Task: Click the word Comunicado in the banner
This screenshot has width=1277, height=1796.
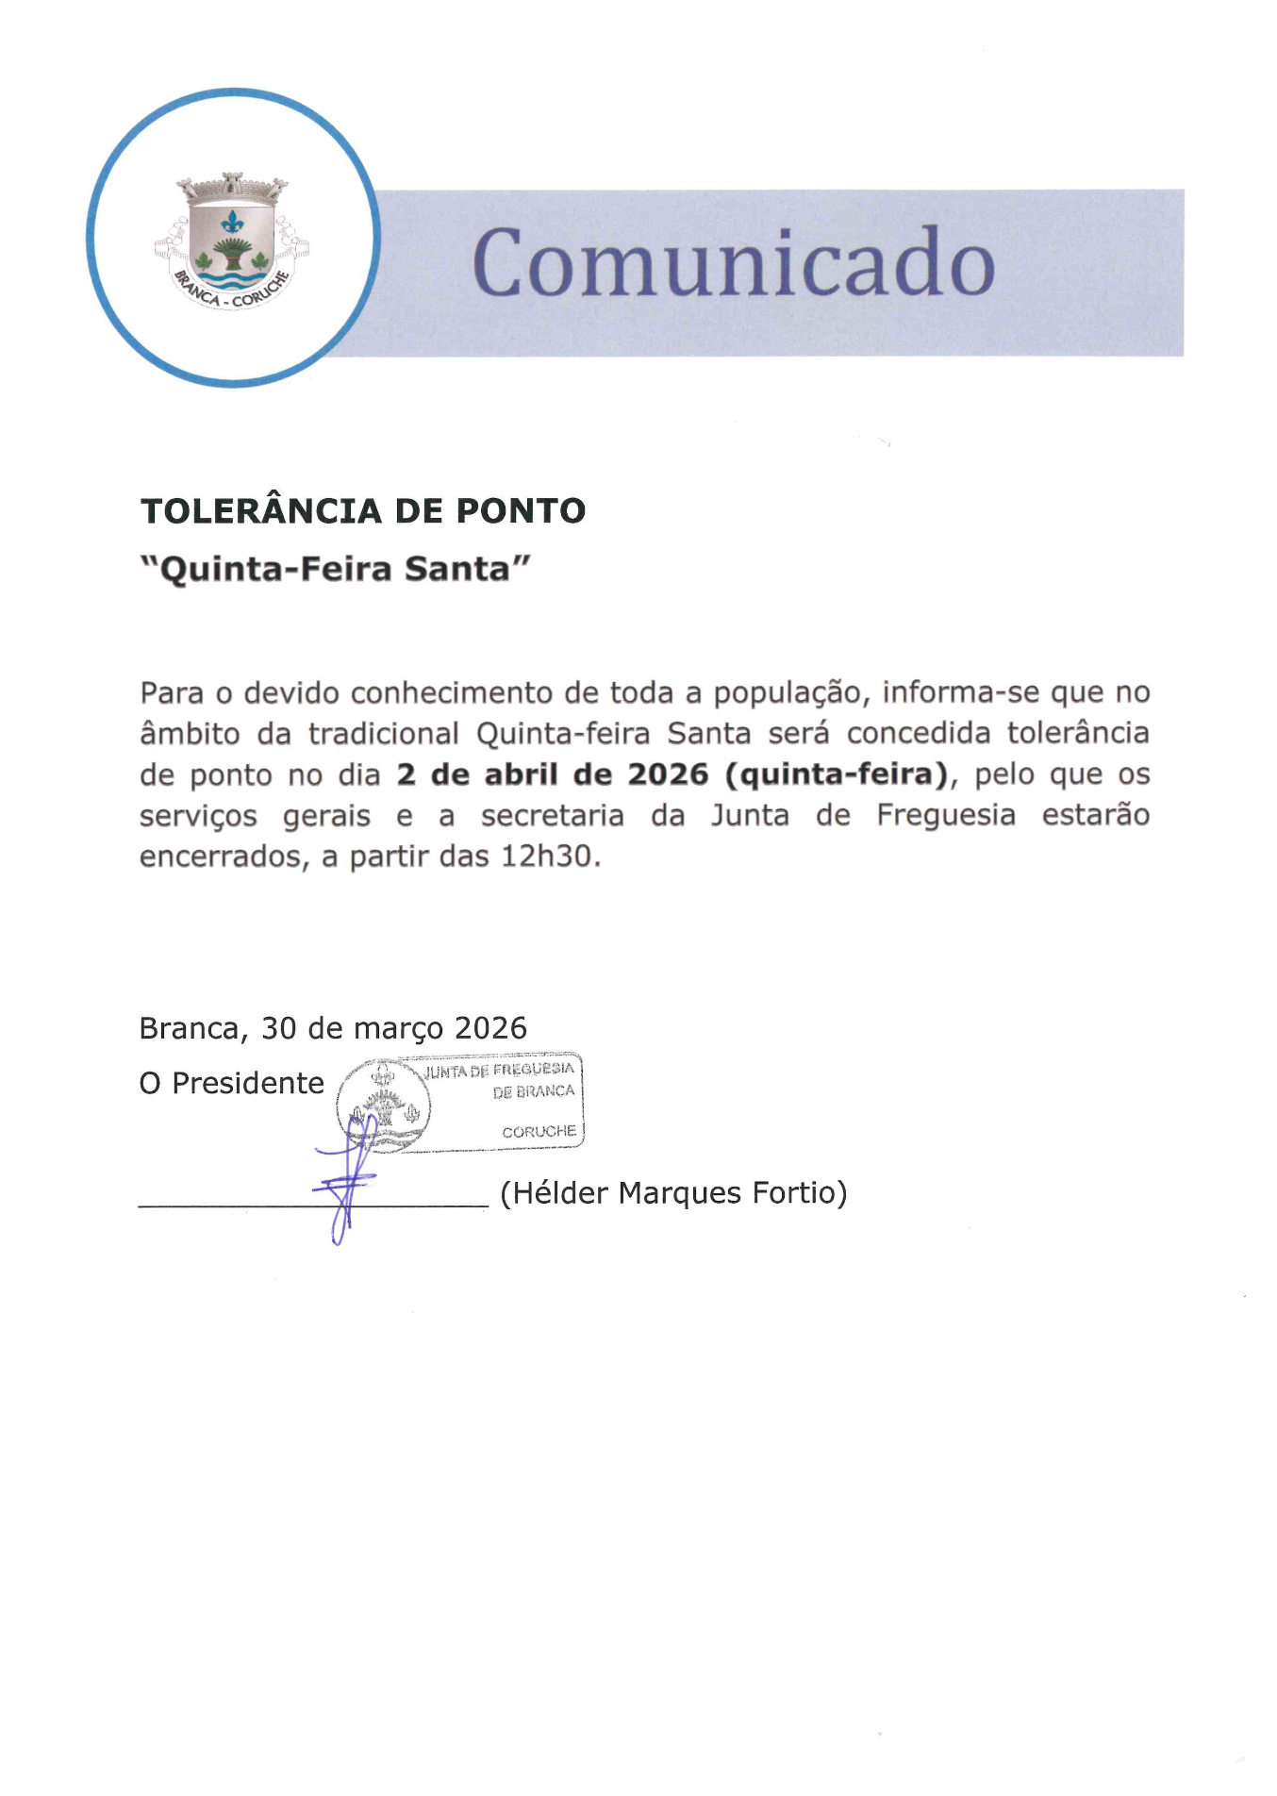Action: (x=733, y=262)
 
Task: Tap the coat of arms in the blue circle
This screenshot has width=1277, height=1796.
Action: (x=232, y=241)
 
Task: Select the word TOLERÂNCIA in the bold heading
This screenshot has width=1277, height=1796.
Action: (x=261, y=511)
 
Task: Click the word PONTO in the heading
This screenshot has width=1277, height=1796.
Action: (x=521, y=511)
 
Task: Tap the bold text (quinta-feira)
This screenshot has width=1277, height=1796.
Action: (x=836, y=774)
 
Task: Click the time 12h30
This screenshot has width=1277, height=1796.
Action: (x=551, y=856)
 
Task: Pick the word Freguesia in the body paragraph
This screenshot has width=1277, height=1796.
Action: (x=946, y=815)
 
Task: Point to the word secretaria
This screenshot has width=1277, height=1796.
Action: (x=552, y=815)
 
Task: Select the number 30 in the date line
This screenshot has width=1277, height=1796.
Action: (x=278, y=1028)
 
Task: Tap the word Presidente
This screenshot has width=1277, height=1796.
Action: (x=247, y=1083)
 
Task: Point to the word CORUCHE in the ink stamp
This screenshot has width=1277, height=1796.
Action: (x=539, y=1131)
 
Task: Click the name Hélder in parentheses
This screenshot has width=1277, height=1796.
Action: (x=560, y=1193)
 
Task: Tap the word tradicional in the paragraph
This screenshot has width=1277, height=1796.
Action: (x=384, y=734)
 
